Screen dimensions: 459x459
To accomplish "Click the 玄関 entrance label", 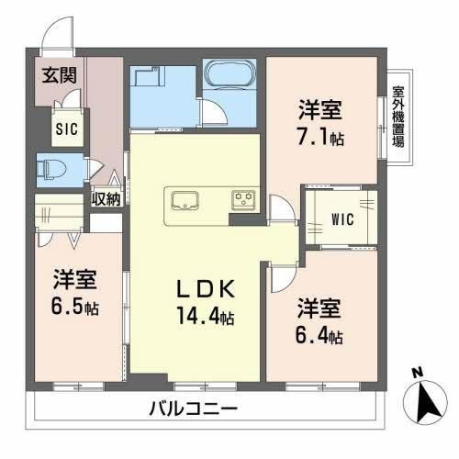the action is tap(59, 75).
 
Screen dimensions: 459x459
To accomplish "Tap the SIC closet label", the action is tap(67, 129).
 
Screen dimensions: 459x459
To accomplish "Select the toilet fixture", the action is tap(51, 169).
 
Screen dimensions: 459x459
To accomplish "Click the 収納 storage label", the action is tap(106, 199).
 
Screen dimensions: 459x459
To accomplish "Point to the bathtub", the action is tap(229, 74).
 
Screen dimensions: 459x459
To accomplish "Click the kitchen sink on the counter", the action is tap(185, 200).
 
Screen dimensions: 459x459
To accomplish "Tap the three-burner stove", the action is tap(243, 200).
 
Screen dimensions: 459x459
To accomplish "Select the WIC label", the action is tap(342, 219).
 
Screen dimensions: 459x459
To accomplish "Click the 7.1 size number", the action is tap(312, 138).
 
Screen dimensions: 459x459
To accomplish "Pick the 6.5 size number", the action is tap(67, 307).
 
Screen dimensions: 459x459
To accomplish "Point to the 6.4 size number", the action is tap(311, 335).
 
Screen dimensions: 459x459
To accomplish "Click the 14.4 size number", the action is tap(198, 316).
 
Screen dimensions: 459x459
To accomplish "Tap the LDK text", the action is tap(206, 289).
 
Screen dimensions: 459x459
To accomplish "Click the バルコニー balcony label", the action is tap(194, 409).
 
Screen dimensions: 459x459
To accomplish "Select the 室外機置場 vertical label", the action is tap(398, 118).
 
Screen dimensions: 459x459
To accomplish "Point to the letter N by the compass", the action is tap(417, 373).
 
